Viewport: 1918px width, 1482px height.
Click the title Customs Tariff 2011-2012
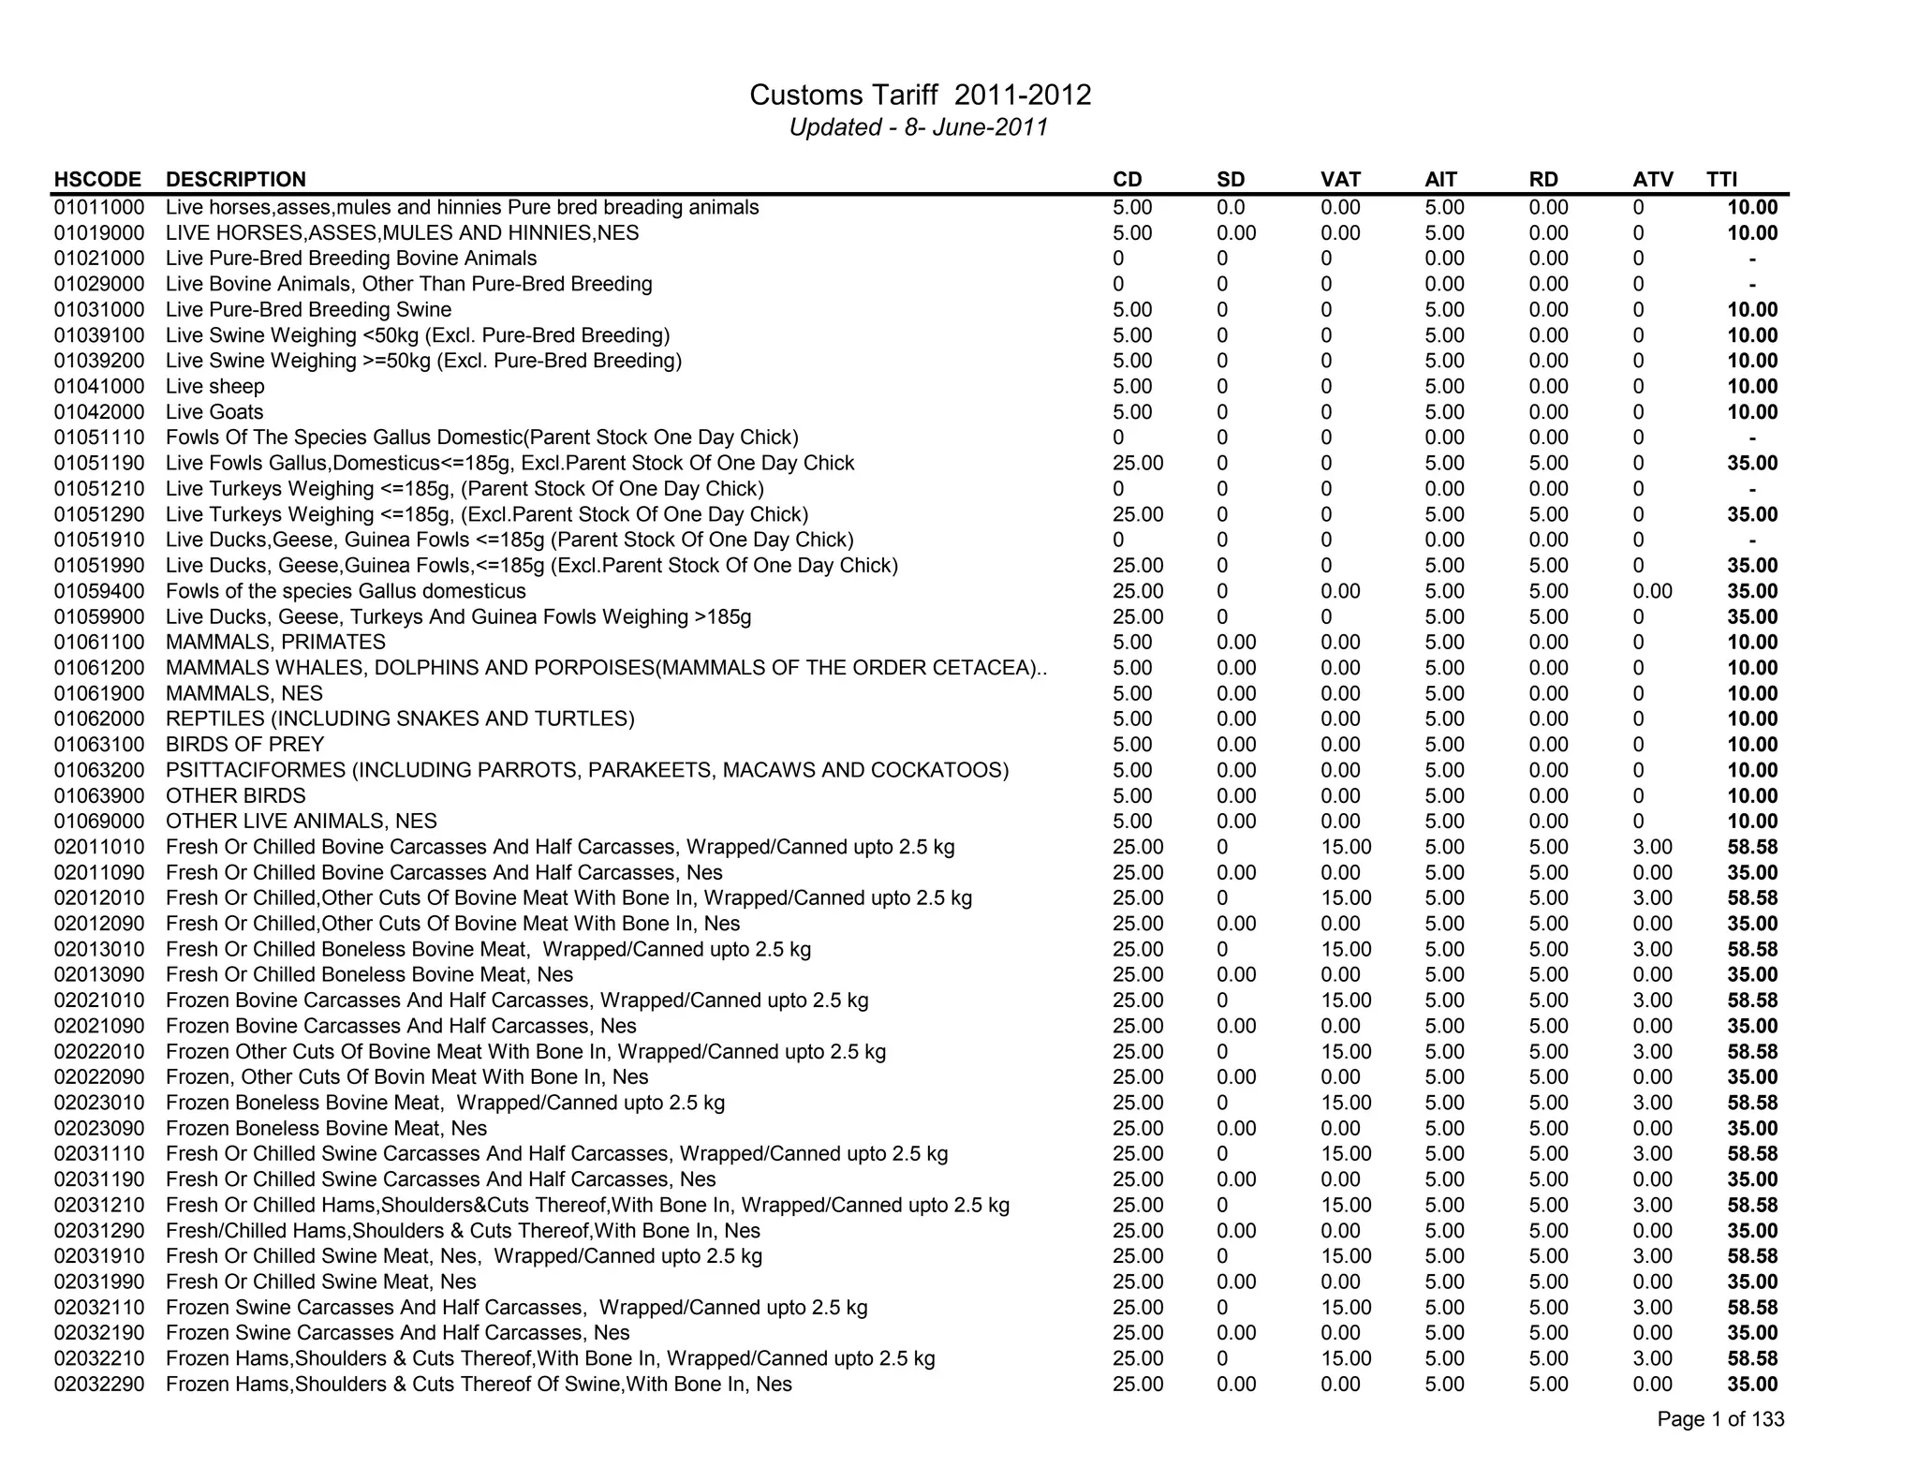pyautogui.click(x=920, y=96)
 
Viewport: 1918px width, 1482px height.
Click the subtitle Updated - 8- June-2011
pyautogui.click(x=918, y=127)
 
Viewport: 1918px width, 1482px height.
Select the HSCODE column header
pyautogui.click(x=97, y=180)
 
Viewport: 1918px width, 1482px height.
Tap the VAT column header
pyautogui.click(x=1340, y=180)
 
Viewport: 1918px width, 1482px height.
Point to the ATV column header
pyautogui.click(x=1653, y=180)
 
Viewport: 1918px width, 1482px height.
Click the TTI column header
pyautogui.click(x=1721, y=180)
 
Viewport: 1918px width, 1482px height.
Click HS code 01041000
pyautogui.click(x=99, y=387)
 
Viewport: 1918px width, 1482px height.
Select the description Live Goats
pyautogui.click(x=214, y=412)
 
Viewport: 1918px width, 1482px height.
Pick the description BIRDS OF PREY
pyautogui.click(x=244, y=745)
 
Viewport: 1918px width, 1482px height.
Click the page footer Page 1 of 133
pyautogui.click(x=1719, y=1419)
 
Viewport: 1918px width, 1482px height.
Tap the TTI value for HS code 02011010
pyautogui.click(x=1752, y=848)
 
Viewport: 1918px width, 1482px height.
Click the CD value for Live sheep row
pyautogui.click(x=1132, y=387)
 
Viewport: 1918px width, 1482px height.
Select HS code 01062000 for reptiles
pyautogui.click(x=99, y=719)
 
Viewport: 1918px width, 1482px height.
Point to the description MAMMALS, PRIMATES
pyautogui.click(x=275, y=643)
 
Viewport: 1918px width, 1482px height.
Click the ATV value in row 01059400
pyautogui.click(x=1652, y=591)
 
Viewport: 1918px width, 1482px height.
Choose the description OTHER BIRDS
pyautogui.click(x=235, y=796)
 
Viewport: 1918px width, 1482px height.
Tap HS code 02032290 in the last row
pyautogui.click(x=99, y=1385)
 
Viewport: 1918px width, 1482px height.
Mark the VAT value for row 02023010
pyautogui.click(x=1346, y=1104)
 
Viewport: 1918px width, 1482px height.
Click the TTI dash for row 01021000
pyautogui.click(x=1752, y=259)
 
